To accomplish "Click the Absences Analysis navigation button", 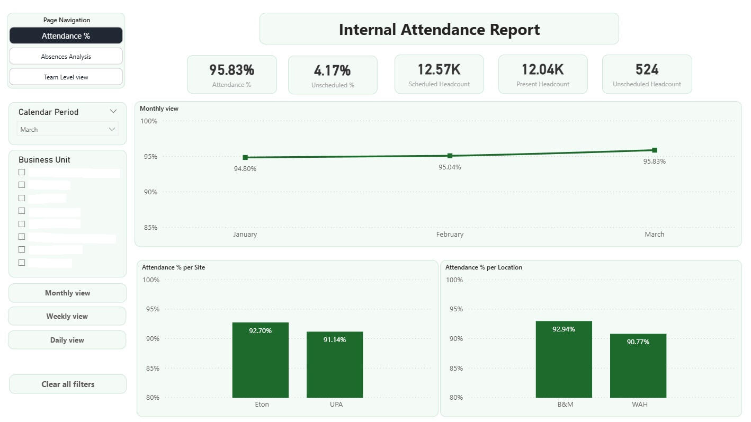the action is point(66,56).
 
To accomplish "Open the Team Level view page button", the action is point(66,77).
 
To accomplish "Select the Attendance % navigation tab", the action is point(66,35).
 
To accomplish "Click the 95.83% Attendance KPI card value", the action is point(231,70).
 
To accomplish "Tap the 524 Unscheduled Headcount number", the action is point(647,69).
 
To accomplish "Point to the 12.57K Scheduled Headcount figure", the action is point(439,69).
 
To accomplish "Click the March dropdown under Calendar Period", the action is point(67,129).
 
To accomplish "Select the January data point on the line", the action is point(245,158).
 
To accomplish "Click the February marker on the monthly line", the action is point(450,156).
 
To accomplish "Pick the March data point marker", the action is point(655,150).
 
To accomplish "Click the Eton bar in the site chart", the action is point(261,360).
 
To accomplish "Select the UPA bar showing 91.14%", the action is point(335,365).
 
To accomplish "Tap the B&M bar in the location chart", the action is point(564,360).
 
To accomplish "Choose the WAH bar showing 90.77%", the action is point(638,366).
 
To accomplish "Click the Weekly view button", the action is point(67,316).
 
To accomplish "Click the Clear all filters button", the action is point(68,384).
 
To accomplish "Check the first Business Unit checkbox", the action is point(22,172).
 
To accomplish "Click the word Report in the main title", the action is point(515,30).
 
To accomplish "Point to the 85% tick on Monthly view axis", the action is point(150,227).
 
